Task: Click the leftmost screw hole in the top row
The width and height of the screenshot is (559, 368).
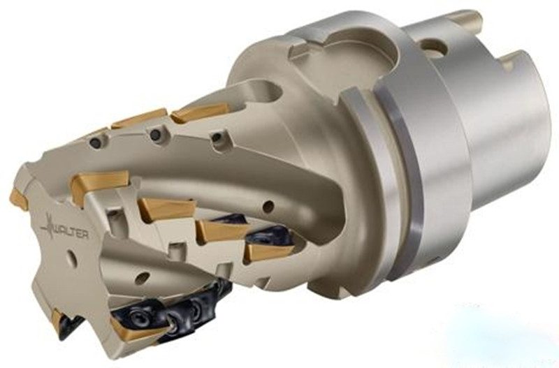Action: pyautogui.click(x=94, y=142)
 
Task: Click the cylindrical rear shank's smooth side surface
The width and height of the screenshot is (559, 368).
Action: pyautogui.click(x=503, y=140)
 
